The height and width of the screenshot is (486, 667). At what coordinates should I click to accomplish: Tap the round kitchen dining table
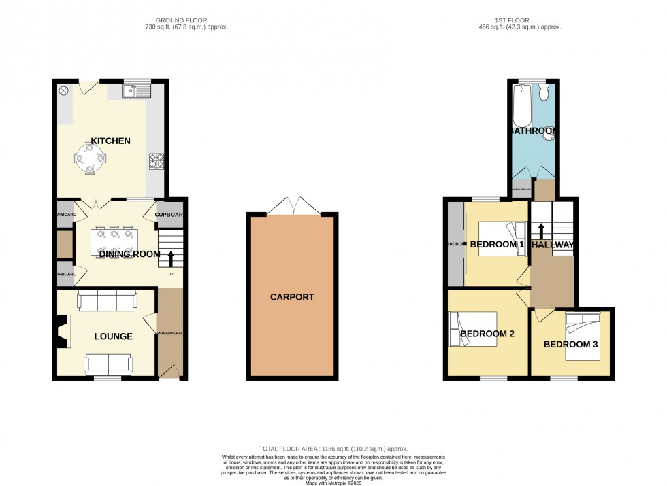click(90, 158)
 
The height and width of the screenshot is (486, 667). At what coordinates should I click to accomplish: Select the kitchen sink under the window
click(137, 90)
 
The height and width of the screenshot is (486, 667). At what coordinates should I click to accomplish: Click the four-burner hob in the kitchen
click(157, 161)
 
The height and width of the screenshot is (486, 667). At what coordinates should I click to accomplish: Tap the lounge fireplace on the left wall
click(62, 333)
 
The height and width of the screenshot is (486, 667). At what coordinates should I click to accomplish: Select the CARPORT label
click(292, 297)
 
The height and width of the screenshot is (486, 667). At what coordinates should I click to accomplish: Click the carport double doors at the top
click(292, 206)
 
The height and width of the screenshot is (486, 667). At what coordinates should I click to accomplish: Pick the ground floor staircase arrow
click(171, 259)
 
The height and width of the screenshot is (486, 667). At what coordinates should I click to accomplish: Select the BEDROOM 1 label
click(497, 245)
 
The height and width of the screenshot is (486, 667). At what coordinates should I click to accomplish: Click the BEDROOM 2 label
click(487, 334)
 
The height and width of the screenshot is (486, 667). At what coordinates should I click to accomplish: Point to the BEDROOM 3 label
click(570, 345)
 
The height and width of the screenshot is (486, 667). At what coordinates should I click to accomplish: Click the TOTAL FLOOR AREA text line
click(333, 449)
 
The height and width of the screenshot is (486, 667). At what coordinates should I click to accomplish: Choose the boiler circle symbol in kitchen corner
click(64, 90)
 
